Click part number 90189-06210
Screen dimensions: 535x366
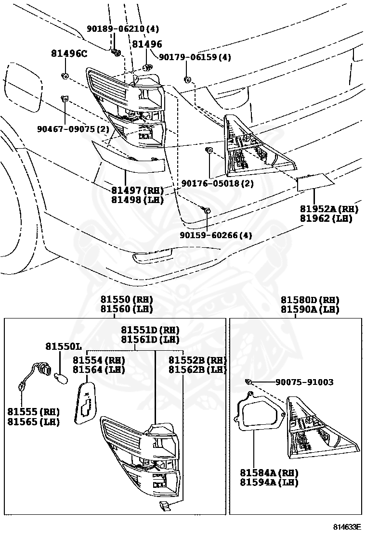pyautogui.click(x=123, y=29)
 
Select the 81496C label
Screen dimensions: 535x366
pyautogui.click(x=69, y=53)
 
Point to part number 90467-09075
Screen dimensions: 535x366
pyautogui.click(x=73, y=129)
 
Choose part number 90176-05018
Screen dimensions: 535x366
pyautogui.click(x=217, y=183)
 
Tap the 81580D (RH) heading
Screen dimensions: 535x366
pyautogui.click(x=310, y=299)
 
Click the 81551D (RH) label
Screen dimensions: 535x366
pyautogui.click(x=150, y=330)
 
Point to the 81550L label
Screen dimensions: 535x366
pyautogui.click(x=63, y=346)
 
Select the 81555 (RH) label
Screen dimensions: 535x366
pyautogui.click(x=33, y=411)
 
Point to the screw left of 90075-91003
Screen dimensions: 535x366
pyautogui.click(x=249, y=382)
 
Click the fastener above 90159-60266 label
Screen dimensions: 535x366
pyautogui.click(x=206, y=210)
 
